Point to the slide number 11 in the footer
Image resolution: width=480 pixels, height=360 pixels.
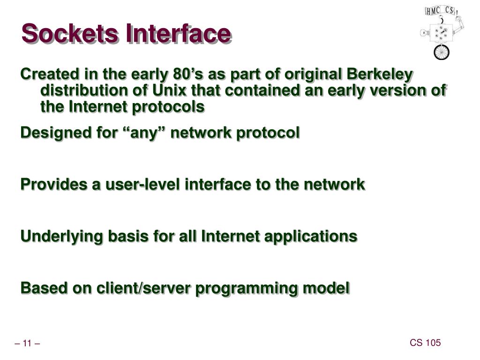pos(27,345)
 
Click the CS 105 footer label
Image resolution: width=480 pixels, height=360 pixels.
pos(425,343)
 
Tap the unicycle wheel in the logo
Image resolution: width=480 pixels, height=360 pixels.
pos(441,52)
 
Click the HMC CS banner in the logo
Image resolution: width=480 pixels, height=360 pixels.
pos(441,10)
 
